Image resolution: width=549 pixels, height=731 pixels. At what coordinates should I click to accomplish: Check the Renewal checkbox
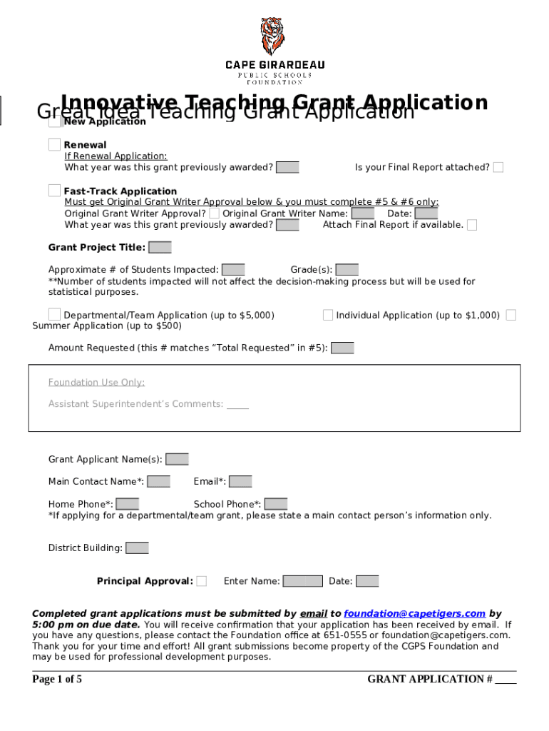pos(55,145)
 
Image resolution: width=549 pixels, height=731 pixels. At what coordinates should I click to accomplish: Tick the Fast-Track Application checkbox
pos(55,191)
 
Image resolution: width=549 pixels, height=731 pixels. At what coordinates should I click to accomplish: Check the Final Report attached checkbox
pos(498,168)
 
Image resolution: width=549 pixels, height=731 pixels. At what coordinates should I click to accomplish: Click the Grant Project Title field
pos(160,248)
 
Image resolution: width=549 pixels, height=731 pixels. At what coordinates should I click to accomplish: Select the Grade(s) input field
pos(347,270)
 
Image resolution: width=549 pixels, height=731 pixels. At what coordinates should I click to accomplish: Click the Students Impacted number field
pos(233,270)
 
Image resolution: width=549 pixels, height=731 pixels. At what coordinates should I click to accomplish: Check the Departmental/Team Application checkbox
pos(55,315)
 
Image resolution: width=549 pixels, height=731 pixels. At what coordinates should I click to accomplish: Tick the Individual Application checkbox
pos(328,315)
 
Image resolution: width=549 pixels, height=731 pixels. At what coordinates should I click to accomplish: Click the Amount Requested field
pos(342,348)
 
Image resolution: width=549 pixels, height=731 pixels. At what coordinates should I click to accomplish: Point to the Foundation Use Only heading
pos(96,383)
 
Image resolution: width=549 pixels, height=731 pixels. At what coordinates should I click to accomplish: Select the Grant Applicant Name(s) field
pos(177,459)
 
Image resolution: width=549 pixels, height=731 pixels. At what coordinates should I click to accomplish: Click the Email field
pos(240,482)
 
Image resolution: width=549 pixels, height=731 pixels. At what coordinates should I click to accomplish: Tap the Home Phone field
pos(128,505)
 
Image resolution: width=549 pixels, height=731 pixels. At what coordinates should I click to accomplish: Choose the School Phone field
pos(276,505)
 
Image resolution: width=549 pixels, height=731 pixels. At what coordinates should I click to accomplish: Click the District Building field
pos(137,548)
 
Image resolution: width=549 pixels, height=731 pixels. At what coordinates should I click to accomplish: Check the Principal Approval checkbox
pos(202,581)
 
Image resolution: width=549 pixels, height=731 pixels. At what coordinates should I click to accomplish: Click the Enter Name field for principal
pos(303,581)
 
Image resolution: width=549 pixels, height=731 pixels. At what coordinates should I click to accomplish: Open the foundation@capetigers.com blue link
pos(414,614)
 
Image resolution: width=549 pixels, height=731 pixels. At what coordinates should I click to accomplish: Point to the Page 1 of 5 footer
pos(57,679)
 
